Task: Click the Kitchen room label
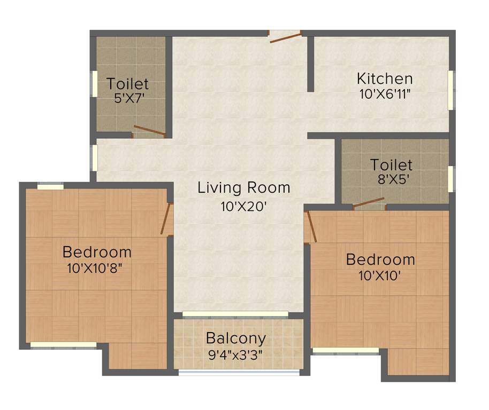tap(385, 79)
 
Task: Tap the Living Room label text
tap(244, 188)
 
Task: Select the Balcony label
tap(236, 338)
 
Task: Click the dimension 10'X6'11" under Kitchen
tap(385, 93)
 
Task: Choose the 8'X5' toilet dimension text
tap(393, 179)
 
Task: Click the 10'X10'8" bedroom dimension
tap(96, 267)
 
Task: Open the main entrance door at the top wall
tap(286, 37)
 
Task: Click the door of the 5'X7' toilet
tap(149, 130)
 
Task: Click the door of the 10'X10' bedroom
tap(311, 227)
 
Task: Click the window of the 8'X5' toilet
tap(450, 178)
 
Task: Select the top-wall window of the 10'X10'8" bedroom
tap(50, 186)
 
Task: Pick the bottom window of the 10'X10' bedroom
tap(346, 351)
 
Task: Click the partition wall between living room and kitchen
tap(310, 64)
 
